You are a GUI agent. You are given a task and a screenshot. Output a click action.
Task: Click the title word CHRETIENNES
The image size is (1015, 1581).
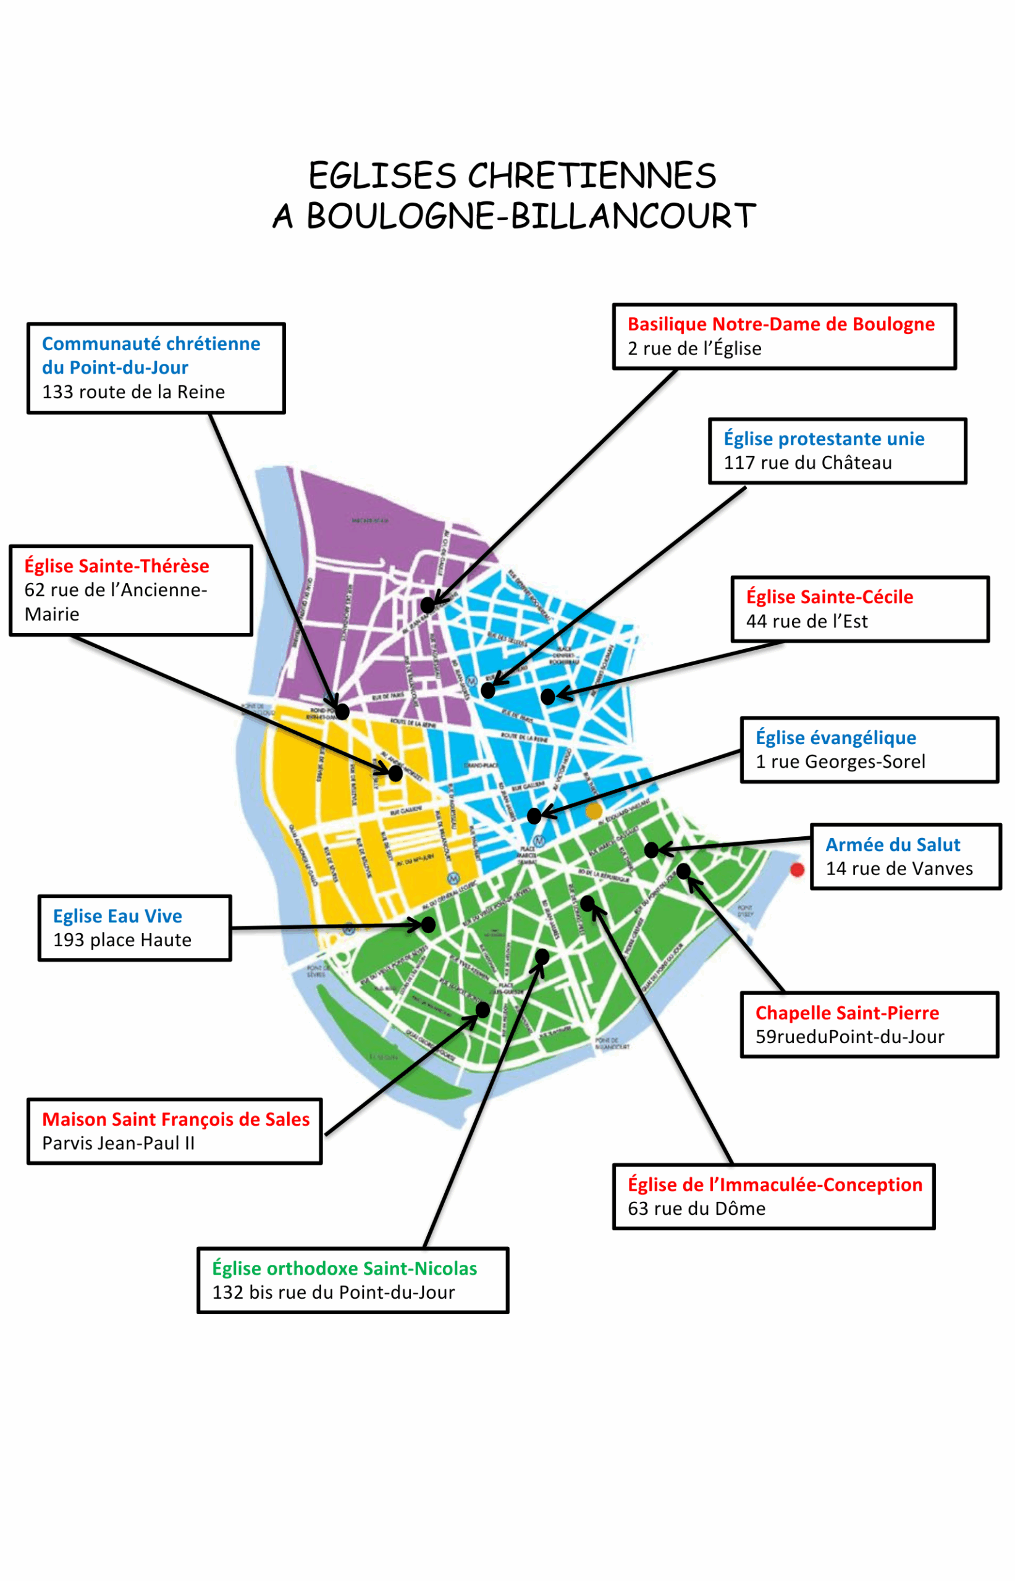coord(591,176)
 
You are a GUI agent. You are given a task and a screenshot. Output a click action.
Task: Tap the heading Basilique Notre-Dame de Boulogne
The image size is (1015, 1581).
coord(780,324)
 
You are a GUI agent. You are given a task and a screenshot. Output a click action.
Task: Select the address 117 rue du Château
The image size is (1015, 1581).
coord(807,463)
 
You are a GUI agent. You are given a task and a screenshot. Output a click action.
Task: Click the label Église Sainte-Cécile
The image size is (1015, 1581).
coord(829,597)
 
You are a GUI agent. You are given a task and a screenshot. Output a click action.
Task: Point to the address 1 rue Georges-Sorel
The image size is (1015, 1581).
coord(840,761)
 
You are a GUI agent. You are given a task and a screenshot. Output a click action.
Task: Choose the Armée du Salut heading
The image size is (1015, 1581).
coord(893,844)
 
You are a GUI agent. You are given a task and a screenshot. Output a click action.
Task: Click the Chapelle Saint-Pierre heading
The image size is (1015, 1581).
coord(847,1012)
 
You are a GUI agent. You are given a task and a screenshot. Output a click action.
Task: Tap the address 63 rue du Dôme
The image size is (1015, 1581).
coord(696,1208)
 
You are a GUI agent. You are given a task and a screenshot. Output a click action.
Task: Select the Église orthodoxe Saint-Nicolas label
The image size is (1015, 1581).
coord(344,1268)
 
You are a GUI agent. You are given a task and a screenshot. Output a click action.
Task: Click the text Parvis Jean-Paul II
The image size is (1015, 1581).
coord(119,1143)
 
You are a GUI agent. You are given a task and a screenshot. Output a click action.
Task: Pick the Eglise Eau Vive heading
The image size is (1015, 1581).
coord(117,916)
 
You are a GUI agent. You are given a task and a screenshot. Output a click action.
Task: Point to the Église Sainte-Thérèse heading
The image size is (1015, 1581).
coord(117,566)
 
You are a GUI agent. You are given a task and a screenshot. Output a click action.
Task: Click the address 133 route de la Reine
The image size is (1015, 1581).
coord(133,392)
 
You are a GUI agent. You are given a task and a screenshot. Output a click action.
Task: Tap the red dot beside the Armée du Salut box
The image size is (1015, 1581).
coord(797,870)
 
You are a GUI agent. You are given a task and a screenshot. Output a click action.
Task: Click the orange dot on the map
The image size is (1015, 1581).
coord(594,811)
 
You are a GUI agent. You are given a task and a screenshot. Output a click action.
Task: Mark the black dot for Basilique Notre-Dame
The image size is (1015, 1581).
coord(427,605)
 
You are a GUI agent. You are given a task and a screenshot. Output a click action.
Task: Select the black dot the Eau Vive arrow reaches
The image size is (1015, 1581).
coord(428,925)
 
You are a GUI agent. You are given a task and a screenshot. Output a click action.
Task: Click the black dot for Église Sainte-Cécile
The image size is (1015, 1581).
coord(548,696)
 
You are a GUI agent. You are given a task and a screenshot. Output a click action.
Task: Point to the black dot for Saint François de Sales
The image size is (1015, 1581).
coord(482,1010)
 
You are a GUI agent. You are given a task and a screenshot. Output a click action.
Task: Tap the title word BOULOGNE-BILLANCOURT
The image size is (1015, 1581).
coord(531,216)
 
